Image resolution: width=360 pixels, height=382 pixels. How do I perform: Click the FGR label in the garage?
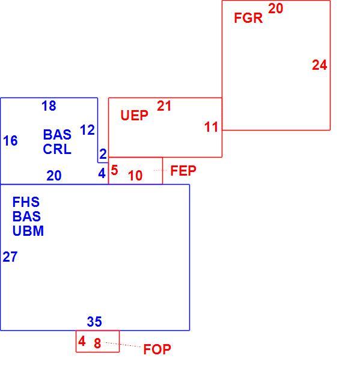[x=248, y=18]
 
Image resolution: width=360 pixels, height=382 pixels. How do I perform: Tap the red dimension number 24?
[x=319, y=65]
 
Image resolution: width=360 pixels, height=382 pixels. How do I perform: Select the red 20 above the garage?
[x=275, y=8]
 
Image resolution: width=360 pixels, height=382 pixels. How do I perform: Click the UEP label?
[x=134, y=116]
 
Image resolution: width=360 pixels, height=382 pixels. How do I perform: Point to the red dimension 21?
[x=164, y=106]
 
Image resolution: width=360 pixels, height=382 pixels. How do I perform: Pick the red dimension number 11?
[x=212, y=127]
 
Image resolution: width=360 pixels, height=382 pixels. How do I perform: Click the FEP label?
[x=183, y=170]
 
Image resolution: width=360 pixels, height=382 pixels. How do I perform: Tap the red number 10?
[x=135, y=176]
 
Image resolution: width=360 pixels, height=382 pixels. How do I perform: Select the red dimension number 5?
[x=114, y=170]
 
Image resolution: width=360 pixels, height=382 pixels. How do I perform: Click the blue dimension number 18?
[x=49, y=106]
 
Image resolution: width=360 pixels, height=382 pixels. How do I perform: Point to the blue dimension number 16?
[x=10, y=141]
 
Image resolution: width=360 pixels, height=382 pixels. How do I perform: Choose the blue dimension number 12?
[x=87, y=130]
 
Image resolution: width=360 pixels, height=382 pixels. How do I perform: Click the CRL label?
[x=57, y=149]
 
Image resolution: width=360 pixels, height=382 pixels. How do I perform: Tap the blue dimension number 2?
[x=103, y=154]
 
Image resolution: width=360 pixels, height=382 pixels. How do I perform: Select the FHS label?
[x=26, y=202]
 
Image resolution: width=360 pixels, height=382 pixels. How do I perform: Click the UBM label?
[x=28, y=231]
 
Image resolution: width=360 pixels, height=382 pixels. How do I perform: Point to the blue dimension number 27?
[x=10, y=257]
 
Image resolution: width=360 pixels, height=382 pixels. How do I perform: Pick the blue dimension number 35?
[x=94, y=322]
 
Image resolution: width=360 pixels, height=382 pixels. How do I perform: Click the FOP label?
[x=157, y=350]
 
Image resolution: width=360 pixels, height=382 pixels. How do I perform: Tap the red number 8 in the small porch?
[x=97, y=343]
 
